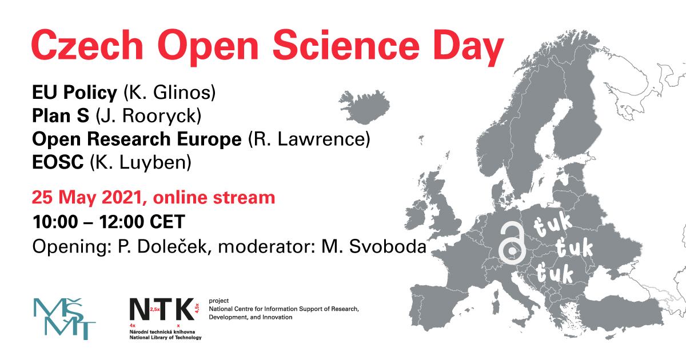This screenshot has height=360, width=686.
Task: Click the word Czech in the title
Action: pos(87,45)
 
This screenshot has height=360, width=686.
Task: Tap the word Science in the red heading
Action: pos(346,45)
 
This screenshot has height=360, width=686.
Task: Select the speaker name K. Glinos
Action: pos(170,92)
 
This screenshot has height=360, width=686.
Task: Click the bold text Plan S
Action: pos(61,115)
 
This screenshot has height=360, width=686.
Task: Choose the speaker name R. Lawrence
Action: pos(309,139)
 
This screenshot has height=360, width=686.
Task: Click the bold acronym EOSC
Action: pos(58,162)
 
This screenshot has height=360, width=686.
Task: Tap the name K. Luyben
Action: pos(141,162)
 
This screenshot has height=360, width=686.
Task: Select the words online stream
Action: pos(214,198)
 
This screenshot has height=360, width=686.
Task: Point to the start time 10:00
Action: pos(55,222)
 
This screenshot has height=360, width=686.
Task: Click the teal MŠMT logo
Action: pos(65,319)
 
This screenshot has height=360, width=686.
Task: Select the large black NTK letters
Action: pos(162,309)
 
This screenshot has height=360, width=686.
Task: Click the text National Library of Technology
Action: pos(165,337)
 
